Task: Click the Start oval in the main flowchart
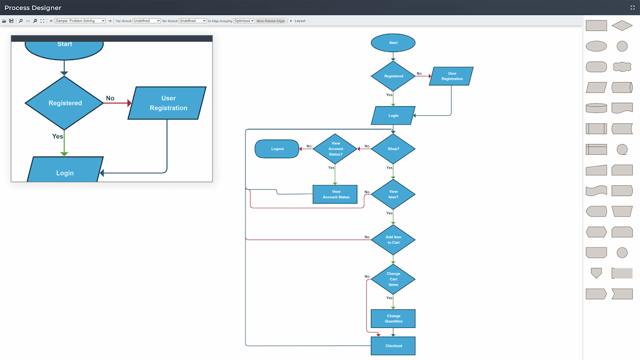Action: tap(393, 43)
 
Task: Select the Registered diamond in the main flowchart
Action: tap(393, 76)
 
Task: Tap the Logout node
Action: tap(277, 149)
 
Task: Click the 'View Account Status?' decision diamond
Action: tap(335, 149)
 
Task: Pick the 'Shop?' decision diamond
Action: tap(393, 149)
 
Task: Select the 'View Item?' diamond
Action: tap(393, 194)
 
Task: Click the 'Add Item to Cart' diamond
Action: tap(393, 240)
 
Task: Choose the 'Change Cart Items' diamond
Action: tap(393, 279)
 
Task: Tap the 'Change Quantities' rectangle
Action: tap(393, 318)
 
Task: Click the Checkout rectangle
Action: tap(393, 346)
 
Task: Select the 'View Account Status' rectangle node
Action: tap(335, 194)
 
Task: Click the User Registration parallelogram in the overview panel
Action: tap(167, 103)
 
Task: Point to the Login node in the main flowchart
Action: tap(393, 115)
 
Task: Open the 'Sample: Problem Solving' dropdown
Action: tap(80, 21)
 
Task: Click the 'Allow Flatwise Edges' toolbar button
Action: tap(271, 21)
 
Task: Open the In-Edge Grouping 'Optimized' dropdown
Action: tap(244, 21)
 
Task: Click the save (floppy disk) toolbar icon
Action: tap(11, 21)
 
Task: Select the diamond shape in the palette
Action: tap(622, 25)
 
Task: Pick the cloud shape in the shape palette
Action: tap(622, 67)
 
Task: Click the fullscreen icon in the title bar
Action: tap(632, 8)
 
